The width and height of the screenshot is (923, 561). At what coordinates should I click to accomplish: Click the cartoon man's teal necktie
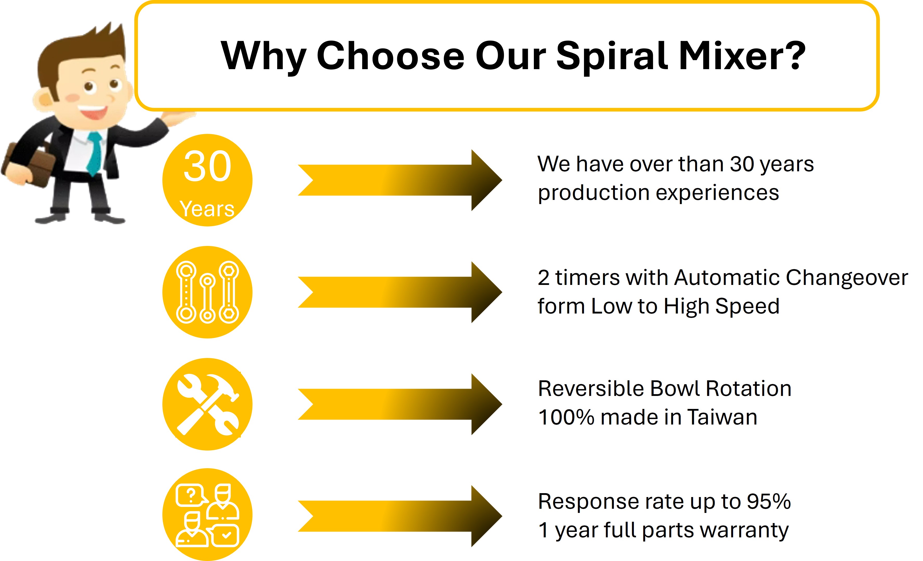94,154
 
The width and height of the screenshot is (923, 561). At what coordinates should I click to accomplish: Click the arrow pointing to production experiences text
400,180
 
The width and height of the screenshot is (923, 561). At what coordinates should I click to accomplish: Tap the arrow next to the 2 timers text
400,292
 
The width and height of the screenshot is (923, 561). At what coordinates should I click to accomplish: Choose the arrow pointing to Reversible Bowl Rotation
400,404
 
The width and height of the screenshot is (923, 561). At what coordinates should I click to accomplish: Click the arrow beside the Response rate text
400,516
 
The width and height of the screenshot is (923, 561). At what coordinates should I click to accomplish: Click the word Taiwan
722,417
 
